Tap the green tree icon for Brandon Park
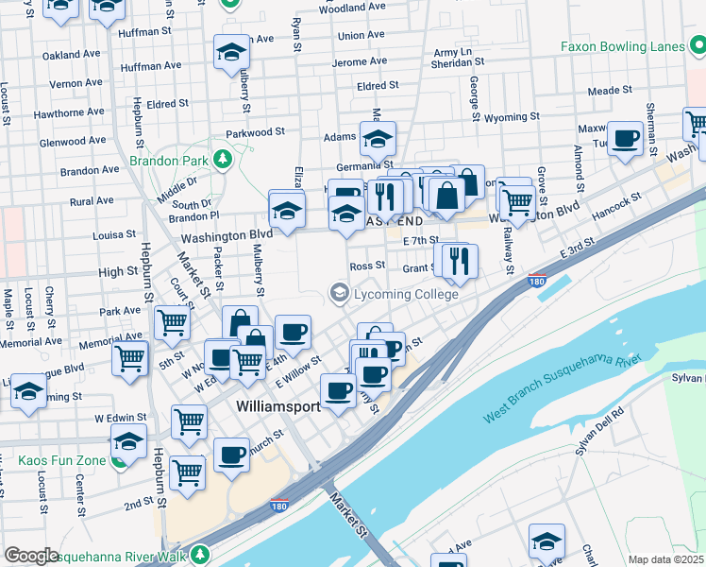point(223,157)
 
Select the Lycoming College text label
point(406,294)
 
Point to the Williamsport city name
point(277,404)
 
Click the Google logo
point(31,556)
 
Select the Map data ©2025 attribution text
point(666,559)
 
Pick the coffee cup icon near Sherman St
point(624,140)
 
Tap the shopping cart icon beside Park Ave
point(172,321)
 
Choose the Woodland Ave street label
point(353,8)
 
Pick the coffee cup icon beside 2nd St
point(230,455)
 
